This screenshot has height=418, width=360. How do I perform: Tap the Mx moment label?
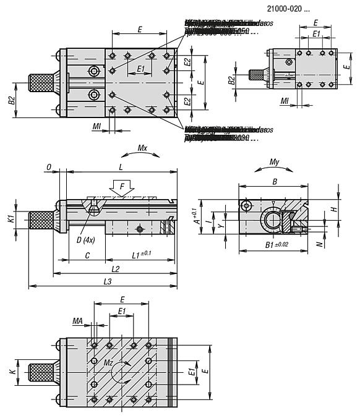(x=142, y=149)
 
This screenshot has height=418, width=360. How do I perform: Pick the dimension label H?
(x=334, y=210)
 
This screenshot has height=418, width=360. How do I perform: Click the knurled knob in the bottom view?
(x=41, y=373)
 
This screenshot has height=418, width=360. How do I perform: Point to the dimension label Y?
(x=221, y=226)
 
